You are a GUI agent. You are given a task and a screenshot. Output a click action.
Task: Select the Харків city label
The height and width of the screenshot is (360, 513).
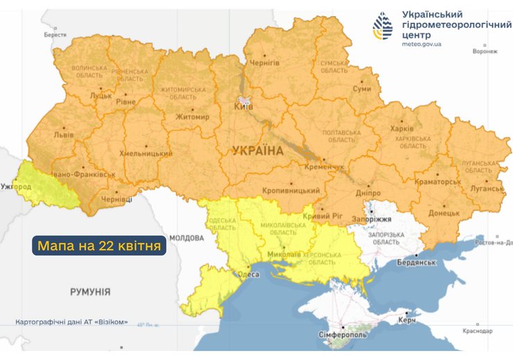pos(401,129)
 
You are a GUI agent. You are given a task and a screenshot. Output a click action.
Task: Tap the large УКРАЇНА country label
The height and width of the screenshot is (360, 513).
pos(258,151)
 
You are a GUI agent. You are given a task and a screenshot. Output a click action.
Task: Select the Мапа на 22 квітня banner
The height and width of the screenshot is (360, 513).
pos(99,246)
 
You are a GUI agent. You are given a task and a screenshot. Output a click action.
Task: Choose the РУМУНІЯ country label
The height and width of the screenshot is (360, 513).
pos(90,292)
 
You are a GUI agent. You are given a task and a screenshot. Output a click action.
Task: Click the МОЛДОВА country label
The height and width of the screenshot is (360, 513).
pos(186,237)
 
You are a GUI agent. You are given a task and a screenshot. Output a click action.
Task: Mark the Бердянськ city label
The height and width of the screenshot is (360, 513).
pos(415,263)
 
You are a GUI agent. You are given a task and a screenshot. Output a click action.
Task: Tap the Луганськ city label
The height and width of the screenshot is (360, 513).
pos(485,188)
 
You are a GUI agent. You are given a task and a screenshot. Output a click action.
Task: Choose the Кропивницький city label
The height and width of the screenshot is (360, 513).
pos(291,191)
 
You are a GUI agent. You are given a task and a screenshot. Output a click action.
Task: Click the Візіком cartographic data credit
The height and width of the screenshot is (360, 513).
pos(71,323)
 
